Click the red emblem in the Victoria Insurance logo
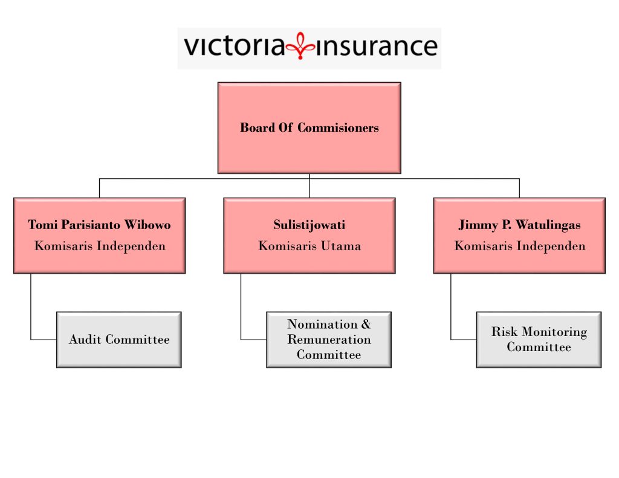[300, 46]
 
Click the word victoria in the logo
[235, 46]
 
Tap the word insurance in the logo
[377, 46]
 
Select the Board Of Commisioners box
[309, 128]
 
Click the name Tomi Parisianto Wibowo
[100, 225]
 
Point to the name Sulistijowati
[309, 225]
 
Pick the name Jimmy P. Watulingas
[519, 225]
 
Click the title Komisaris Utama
[309, 246]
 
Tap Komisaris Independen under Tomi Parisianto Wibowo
[100, 247]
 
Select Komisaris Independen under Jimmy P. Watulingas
[520, 247]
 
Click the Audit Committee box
[119, 340]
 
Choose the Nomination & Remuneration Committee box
[329, 340]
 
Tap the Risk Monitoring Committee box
[539, 340]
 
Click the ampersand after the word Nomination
[366, 324]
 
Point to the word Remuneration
[329, 340]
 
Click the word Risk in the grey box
[504, 332]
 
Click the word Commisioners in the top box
[338, 128]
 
